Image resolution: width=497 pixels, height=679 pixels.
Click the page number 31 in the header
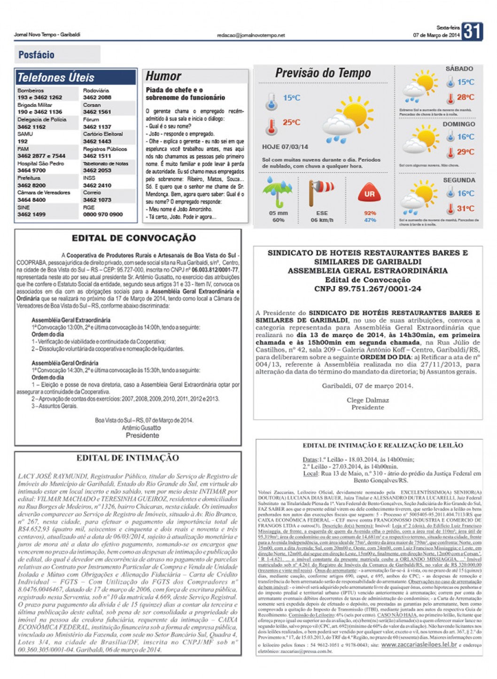pos(472,32)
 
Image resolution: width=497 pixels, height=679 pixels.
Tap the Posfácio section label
pos(36,55)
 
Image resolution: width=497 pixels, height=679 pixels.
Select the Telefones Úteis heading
pos(55,78)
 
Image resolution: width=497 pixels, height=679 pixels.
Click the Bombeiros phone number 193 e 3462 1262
pos(40,97)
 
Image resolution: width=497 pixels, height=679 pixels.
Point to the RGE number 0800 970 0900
pos(103,214)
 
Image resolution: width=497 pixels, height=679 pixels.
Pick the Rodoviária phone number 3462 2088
pos(97,97)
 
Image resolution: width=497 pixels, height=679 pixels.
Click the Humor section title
pos(163,76)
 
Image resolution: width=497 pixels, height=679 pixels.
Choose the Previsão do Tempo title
pos(323,73)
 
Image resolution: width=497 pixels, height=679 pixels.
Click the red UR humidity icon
pos(370,193)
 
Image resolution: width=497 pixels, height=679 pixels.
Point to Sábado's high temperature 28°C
pos(466,97)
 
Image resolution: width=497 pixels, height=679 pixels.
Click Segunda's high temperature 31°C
pos(466,208)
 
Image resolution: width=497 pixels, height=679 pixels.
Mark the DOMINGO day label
pos(458,124)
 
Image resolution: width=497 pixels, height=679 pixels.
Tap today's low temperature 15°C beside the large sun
pos(291,98)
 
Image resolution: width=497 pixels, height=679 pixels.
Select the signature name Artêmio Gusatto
pos(141,428)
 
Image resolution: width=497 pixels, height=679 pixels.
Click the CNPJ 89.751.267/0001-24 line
pos(368,289)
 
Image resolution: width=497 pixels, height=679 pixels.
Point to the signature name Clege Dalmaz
pos(368,400)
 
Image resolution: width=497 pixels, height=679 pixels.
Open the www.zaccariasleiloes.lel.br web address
pos(419,645)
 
